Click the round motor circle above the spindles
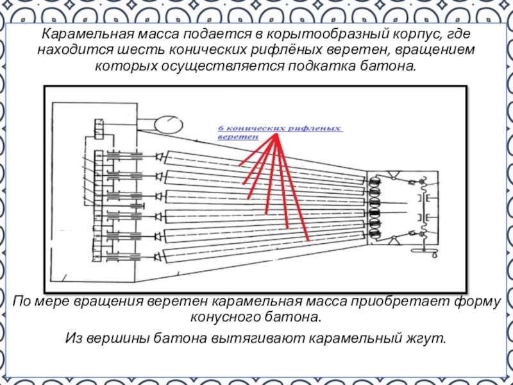(164, 124)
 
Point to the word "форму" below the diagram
(473, 302)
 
